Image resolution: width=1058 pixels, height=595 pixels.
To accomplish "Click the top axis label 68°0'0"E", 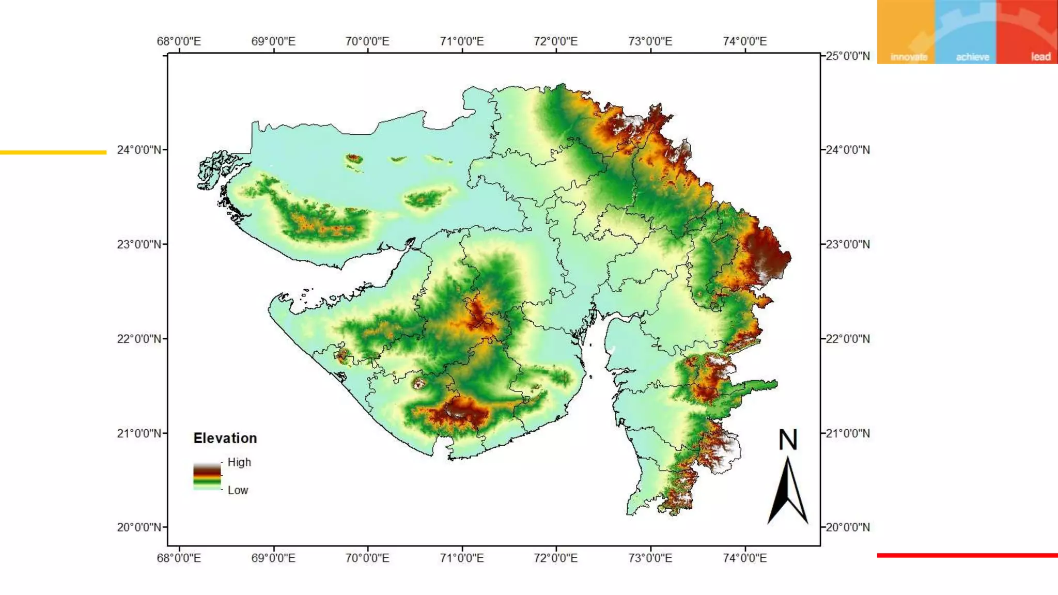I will [179, 41].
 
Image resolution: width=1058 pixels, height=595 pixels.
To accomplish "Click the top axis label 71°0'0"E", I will [462, 41].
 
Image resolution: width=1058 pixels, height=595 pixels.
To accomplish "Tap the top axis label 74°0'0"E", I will [744, 41].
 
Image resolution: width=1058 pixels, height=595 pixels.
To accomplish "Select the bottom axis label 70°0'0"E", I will [367, 558].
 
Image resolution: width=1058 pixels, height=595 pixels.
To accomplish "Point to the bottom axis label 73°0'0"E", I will [650, 558].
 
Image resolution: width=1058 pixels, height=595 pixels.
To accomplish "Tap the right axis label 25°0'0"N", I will [848, 56].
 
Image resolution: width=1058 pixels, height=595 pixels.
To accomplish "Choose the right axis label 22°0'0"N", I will [848, 339].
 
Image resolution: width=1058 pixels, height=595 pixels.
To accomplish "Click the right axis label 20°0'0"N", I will [848, 527].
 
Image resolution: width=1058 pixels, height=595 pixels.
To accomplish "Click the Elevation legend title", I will [225, 439].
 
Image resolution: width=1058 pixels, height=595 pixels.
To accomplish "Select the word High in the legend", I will [239, 462].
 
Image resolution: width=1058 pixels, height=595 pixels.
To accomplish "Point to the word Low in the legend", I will [238, 490].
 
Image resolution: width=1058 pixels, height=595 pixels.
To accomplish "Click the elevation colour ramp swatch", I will [207, 476].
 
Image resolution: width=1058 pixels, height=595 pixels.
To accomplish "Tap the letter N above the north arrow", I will [788, 440].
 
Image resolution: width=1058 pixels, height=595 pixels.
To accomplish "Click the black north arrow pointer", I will [787, 491].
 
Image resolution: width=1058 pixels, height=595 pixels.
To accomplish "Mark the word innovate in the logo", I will [909, 57].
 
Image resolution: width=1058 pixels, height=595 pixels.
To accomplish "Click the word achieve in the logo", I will [972, 57].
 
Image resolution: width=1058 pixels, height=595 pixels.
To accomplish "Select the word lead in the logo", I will [1040, 57].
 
